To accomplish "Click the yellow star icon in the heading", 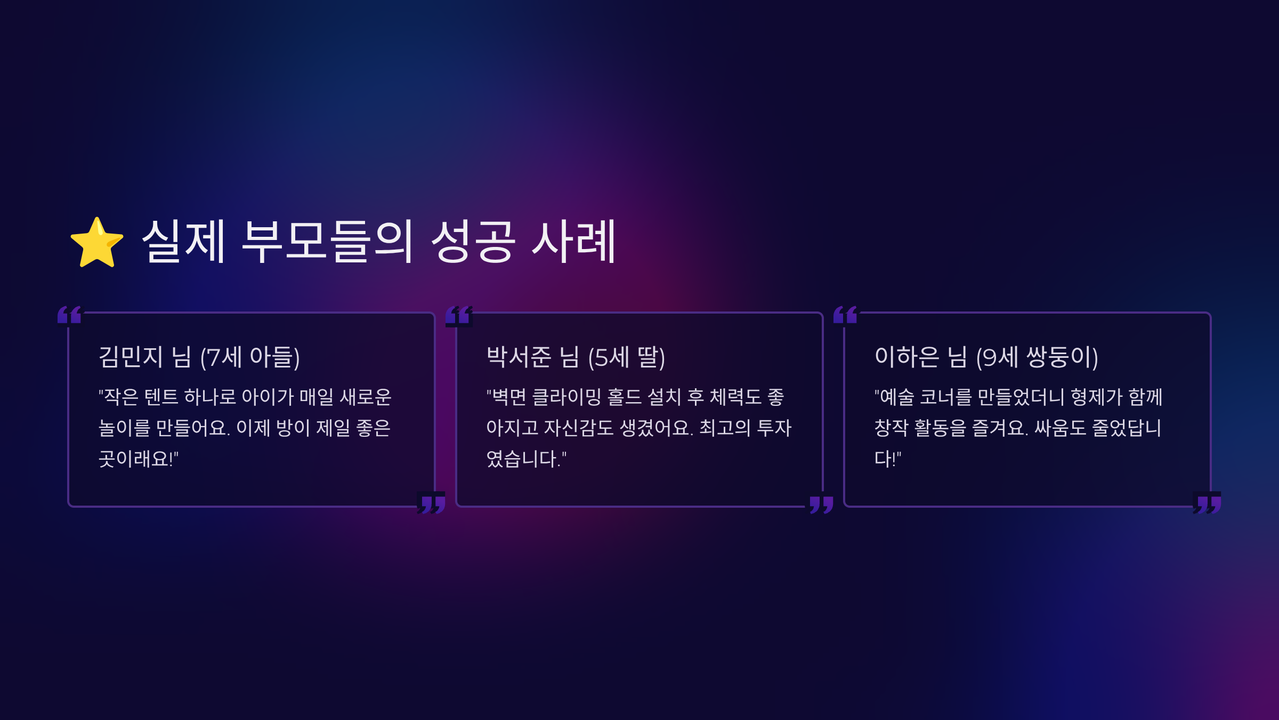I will click(x=97, y=243).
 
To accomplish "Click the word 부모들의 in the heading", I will click(x=327, y=241).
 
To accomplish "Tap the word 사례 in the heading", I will click(x=574, y=241).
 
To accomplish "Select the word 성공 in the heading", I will click(x=473, y=241).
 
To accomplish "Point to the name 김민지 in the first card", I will click(x=131, y=357).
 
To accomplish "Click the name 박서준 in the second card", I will click(x=519, y=357).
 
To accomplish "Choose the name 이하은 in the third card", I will click(x=906, y=357).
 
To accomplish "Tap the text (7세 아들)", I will click(x=250, y=357).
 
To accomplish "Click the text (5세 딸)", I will click(x=627, y=357).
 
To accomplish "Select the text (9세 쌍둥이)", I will click(x=1037, y=357).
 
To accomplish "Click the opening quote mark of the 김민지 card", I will click(x=69, y=315).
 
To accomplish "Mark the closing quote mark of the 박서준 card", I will click(x=821, y=504).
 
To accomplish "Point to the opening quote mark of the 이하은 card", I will click(x=845, y=315).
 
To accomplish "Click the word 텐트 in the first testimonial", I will click(x=161, y=397).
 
